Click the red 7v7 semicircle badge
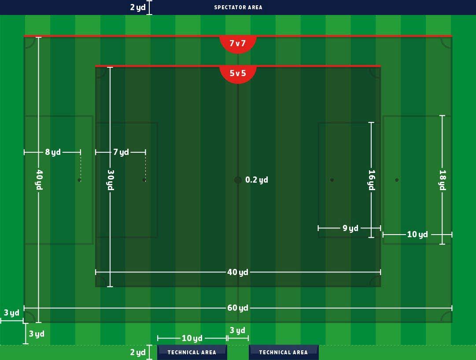(238, 44)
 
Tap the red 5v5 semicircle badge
(238, 73)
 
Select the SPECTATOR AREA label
(238, 7)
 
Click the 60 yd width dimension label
(238, 308)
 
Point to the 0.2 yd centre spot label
(257, 180)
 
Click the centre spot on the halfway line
(238, 180)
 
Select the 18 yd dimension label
(443, 180)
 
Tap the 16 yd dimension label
(371, 180)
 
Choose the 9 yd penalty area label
(351, 228)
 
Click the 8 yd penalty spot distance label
(53, 152)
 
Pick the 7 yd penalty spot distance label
(121, 152)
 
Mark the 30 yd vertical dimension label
(110, 180)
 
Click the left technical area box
(192, 352)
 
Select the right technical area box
(283, 352)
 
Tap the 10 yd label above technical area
(192, 338)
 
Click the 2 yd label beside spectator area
(138, 7)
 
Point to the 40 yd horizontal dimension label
(238, 272)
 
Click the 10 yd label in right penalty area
(417, 235)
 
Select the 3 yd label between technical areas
(238, 331)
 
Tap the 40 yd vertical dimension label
(39, 180)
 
